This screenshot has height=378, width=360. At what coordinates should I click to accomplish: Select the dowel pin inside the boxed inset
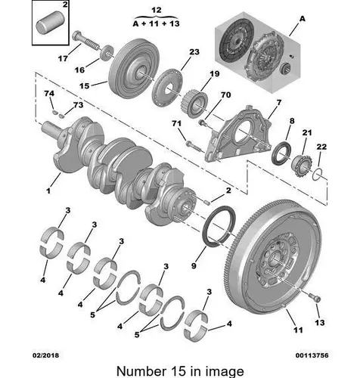click(52, 23)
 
